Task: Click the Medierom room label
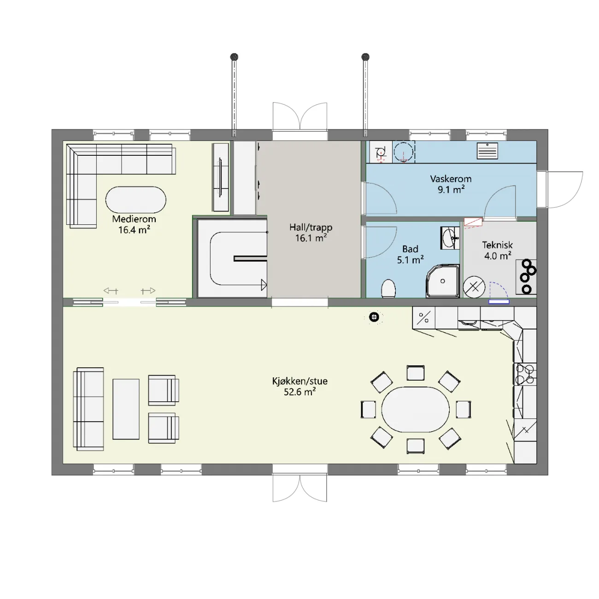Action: [x=134, y=219]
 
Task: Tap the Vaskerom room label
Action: [x=451, y=179]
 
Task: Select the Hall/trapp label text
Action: [x=311, y=228]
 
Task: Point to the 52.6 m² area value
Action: [x=299, y=392]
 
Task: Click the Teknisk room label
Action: [x=497, y=245]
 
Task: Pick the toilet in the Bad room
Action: [x=388, y=288]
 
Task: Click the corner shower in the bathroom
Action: [x=443, y=281]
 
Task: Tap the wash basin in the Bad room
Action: [x=450, y=238]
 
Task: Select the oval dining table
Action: [x=415, y=409]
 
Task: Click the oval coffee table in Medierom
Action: [x=136, y=200]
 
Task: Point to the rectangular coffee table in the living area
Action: [x=126, y=409]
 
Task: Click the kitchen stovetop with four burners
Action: [x=525, y=374]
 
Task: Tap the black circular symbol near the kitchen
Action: [x=374, y=317]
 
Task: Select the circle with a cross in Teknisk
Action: [x=474, y=287]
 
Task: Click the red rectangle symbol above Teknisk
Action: [x=473, y=222]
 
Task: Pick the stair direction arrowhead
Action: [x=264, y=285]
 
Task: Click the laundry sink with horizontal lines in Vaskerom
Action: [x=487, y=151]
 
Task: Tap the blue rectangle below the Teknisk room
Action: [x=499, y=301]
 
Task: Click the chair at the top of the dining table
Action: [x=415, y=373]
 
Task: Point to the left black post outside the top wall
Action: [x=234, y=57]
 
